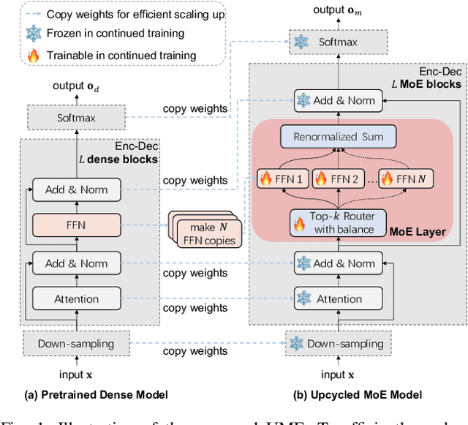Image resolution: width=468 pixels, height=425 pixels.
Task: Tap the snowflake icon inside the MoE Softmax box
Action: pos(301,42)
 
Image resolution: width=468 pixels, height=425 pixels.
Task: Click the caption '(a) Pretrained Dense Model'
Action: pos(96,394)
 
